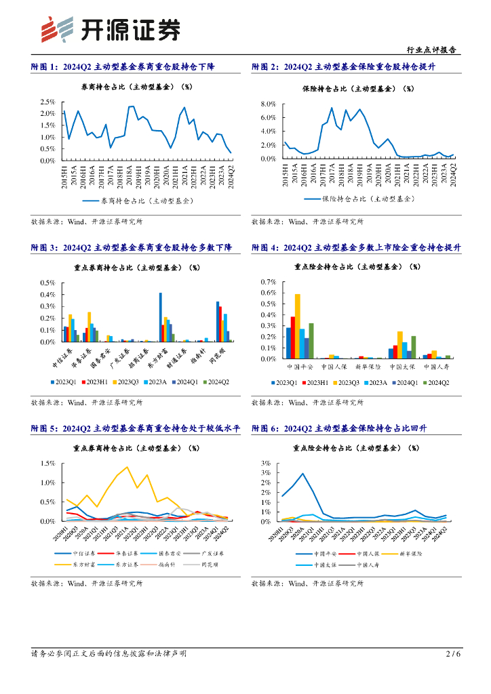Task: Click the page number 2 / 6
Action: click(x=453, y=654)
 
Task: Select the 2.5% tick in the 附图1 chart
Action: click(x=47, y=102)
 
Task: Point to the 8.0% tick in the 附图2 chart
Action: click(x=268, y=104)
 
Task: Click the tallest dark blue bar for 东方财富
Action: click(x=161, y=317)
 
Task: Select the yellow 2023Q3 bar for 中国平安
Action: click(x=298, y=326)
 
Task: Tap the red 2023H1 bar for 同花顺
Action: click(x=220, y=324)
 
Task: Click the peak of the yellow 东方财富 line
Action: click(x=127, y=467)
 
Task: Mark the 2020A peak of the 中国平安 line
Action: click(x=302, y=474)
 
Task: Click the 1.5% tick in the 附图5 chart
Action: click(x=47, y=464)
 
